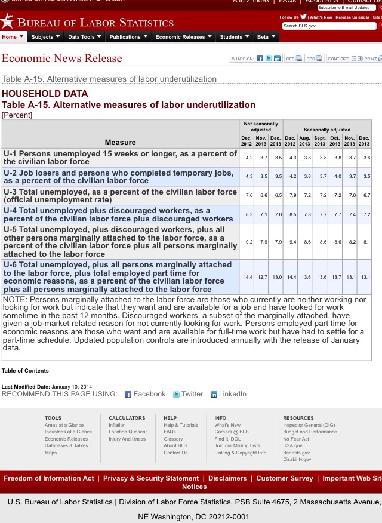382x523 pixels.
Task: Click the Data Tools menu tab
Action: click(84, 37)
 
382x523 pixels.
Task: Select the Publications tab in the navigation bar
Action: click(128, 37)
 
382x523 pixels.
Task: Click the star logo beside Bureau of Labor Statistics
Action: click(7, 22)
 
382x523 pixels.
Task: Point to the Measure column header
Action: click(120, 142)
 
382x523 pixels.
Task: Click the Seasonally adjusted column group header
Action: click(326, 130)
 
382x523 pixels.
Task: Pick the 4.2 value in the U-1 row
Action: click(246, 158)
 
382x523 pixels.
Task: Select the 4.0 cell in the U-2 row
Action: click(335, 177)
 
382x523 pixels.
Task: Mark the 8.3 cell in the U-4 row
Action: click(246, 214)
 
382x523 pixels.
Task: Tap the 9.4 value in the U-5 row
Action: click(290, 242)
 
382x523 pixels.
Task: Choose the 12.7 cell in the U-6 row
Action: click(261, 277)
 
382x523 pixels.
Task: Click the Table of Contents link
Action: click(25, 371)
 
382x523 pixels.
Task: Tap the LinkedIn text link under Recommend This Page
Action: click(232, 394)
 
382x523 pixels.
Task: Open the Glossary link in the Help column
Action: click(173, 439)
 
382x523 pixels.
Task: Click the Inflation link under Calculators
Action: click(117, 425)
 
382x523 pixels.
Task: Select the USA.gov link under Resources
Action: click(292, 445)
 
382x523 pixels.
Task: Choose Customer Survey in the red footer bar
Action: click(284, 478)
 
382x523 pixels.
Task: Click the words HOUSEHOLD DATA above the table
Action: click(45, 94)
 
